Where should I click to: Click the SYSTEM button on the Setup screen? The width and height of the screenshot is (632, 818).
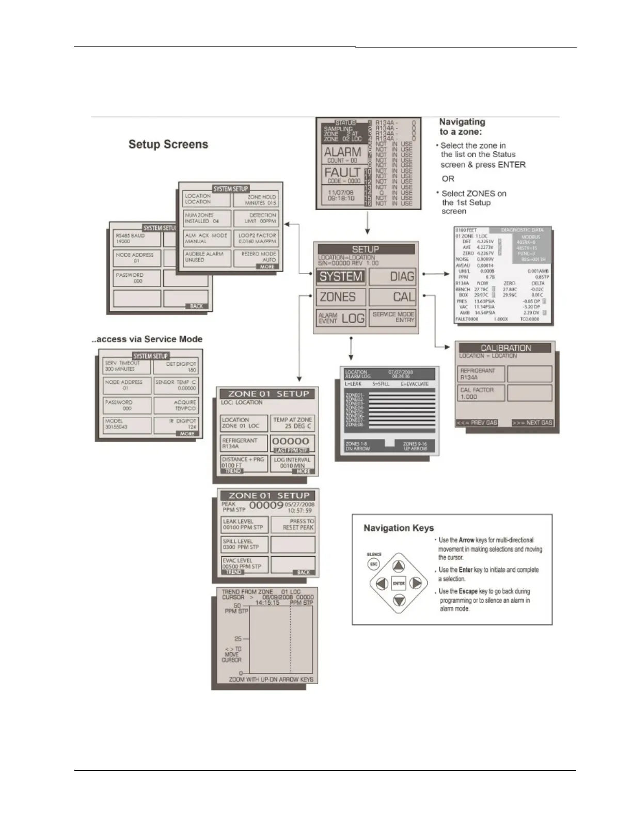point(341,277)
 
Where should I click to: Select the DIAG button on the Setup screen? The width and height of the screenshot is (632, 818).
point(392,277)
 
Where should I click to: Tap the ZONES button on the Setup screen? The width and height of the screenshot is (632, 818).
point(341,297)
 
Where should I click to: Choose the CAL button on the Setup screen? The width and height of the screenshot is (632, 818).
point(392,297)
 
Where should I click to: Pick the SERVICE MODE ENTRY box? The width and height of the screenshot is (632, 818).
point(393,317)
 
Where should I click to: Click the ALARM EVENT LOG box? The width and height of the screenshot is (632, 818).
point(341,318)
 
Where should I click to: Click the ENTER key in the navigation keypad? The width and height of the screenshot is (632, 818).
point(399,584)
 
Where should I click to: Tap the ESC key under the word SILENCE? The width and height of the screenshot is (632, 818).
point(374,564)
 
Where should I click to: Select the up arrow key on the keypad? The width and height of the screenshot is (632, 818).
point(399,565)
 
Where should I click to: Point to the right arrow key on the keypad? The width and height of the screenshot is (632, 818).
point(416,584)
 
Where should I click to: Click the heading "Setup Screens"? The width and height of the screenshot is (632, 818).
point(168,145)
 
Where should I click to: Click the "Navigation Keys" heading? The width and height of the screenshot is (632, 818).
point(399,528)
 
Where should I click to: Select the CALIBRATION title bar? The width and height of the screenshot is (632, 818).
point(506,348)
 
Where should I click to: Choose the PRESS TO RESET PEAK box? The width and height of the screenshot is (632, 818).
point(293,525)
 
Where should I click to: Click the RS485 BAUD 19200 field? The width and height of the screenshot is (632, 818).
point(136,238)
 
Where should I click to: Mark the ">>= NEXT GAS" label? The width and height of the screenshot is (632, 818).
point(532,422)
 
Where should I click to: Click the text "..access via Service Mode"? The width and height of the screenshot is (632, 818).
point(147,339)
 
